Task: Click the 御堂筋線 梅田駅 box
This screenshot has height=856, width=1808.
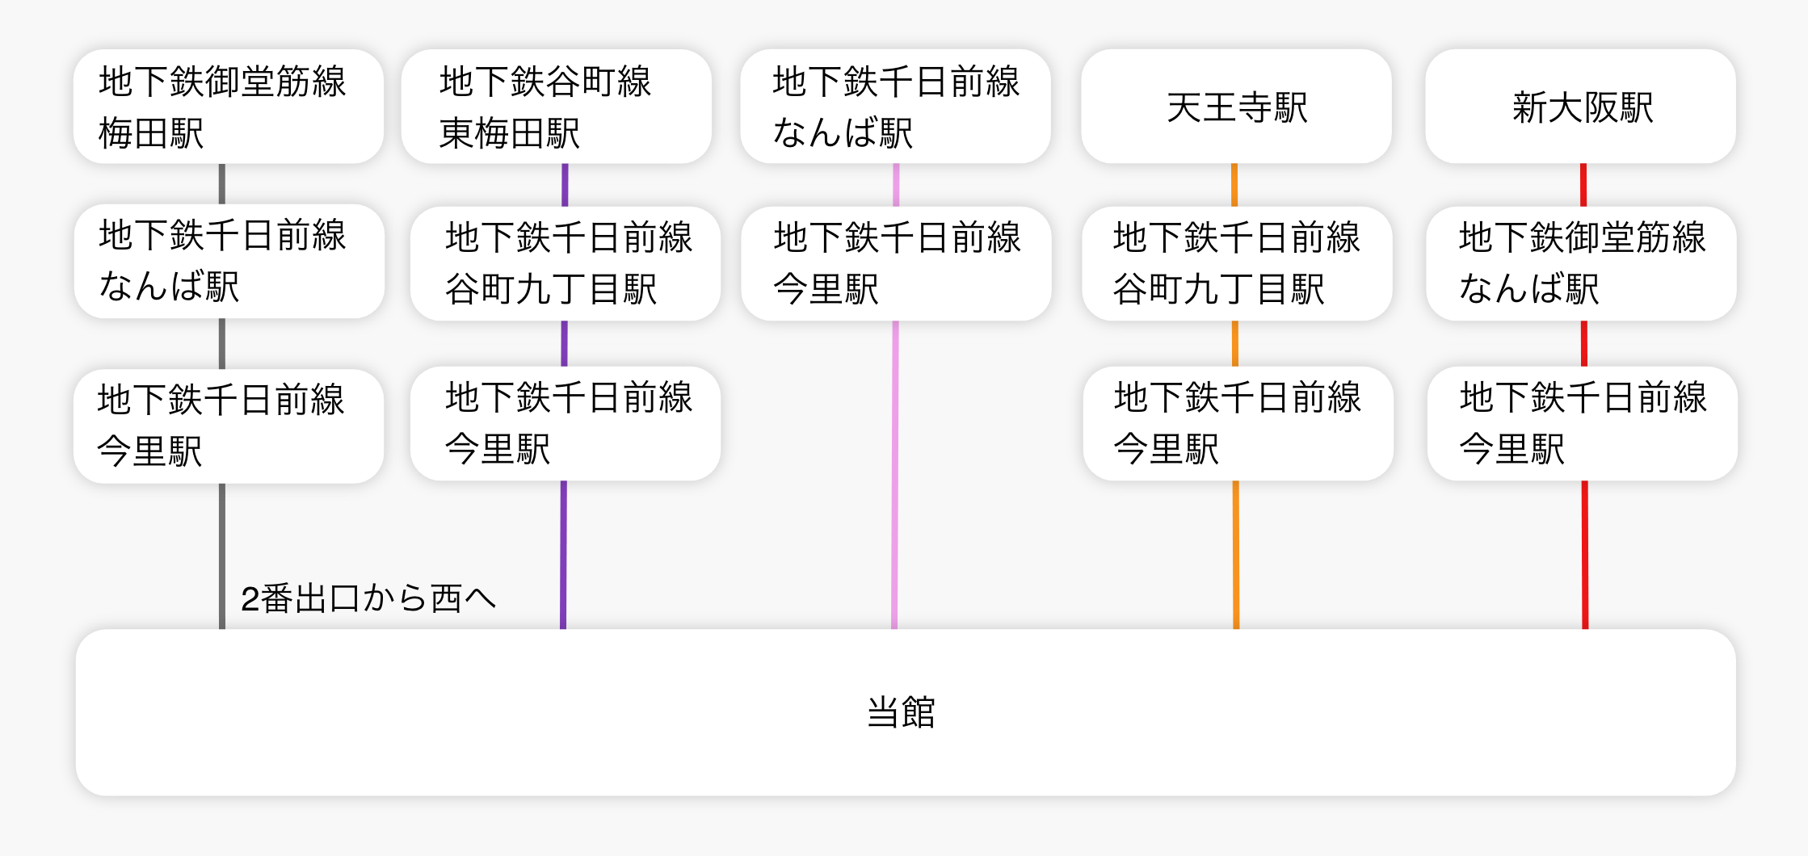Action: [228, 107]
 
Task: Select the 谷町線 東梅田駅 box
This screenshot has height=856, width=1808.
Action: [556, 107]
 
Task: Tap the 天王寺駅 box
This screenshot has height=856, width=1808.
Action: [1236, 107]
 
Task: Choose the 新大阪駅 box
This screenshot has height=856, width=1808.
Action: [1580, 107]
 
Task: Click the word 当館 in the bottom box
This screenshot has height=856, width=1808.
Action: [901, 712]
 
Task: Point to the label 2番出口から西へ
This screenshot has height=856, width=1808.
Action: [368, 598]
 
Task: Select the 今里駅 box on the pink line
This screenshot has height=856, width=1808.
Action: [896, 263]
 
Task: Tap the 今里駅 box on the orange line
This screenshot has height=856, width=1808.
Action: [1238, 423]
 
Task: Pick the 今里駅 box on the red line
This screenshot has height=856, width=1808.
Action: [1582, 423]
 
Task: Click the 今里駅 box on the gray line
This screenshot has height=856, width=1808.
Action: [228, 426]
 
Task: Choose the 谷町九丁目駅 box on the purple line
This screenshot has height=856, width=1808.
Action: [565, 263]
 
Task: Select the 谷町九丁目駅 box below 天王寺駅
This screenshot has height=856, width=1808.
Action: [1237, 263]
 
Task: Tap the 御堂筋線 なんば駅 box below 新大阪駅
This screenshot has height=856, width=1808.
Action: [1581, 263]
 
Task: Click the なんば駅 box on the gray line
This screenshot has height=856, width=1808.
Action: [229, 261]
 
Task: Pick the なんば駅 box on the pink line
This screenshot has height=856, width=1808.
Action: [895, 107]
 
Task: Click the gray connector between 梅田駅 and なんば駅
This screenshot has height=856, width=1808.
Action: [222, 184]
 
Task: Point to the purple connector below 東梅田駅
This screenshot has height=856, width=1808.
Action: [565, 185]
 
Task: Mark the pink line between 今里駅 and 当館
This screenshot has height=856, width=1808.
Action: [894, 476]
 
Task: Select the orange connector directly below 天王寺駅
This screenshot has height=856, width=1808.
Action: [1234, 185]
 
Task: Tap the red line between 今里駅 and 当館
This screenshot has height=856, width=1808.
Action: [1585, 556]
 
